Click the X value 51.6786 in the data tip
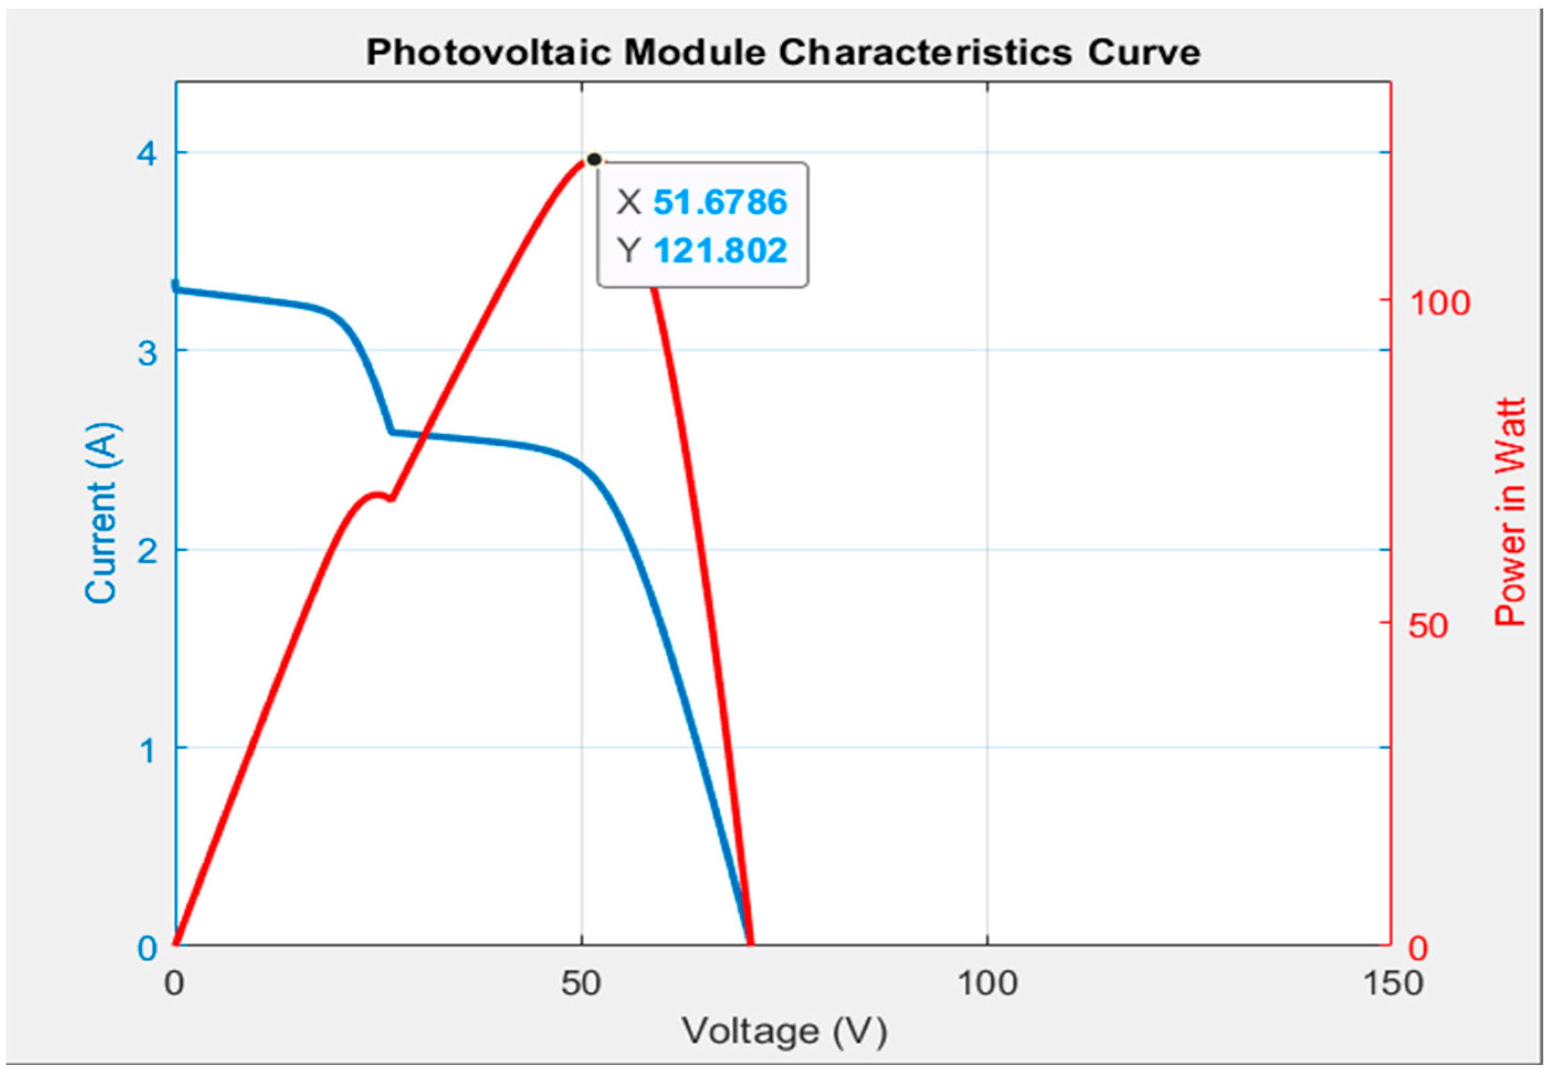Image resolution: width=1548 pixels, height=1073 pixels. pyautogui.click(x=719, y=202)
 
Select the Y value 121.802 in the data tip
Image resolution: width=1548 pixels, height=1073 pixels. pyautogui.click(x=719, y=250)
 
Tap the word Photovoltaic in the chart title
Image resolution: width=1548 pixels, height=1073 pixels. pyautogui.click(x=488, y=52)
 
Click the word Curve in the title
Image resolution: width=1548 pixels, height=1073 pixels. pyautogui.click(x=1144, y=52)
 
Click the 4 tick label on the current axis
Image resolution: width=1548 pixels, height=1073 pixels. pyautogui.click(x=146, y=154)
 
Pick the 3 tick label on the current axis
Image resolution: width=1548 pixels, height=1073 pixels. pyautogui.click(x=146, y=351)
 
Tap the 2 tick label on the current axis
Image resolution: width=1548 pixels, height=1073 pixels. pyautogui.click(x=146, y=551)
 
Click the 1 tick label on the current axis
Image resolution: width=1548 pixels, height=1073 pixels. pyautogui.click(x=146, y=749)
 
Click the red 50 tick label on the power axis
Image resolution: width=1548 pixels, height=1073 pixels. pyautogui.click(x=1428, y=625)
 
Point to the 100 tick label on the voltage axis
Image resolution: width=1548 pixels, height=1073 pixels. pyautogui.click(x=987, y=983)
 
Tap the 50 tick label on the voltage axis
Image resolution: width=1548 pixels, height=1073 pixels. pyautogui.click(x=581, y=983)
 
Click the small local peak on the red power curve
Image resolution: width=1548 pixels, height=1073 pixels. pyautogui.click(x=376, y=496)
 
